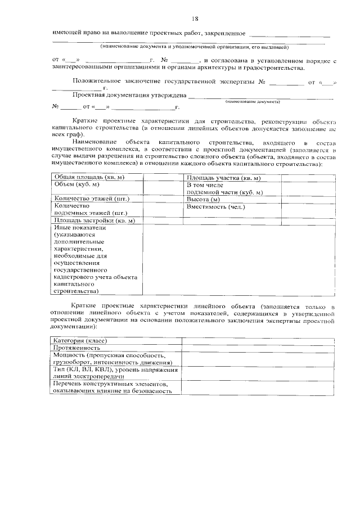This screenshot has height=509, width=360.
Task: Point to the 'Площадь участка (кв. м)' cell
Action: click(223, 178)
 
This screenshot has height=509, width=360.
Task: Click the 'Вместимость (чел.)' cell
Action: click(216, 206)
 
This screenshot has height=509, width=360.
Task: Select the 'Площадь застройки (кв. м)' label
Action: click(94, 220)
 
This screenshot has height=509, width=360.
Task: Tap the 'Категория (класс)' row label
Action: click(80, 341)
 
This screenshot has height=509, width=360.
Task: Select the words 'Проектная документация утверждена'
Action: click(129, 95)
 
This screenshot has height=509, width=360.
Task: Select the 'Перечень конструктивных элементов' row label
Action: click(110, 384)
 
